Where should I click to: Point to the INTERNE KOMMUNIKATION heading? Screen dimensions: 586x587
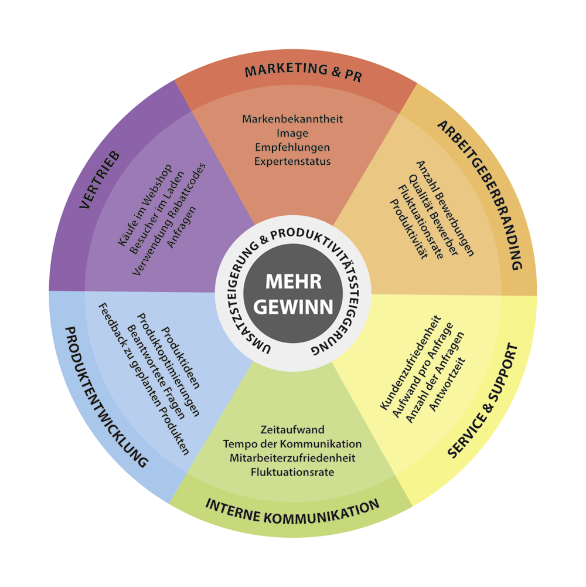point(292,511)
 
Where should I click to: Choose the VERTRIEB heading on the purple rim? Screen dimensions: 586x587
point(99,179)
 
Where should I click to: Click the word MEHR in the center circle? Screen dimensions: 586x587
point(294,281)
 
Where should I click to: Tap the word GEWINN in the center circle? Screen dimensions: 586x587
point(294,307)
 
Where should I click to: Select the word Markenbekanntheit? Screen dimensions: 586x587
point(292,119)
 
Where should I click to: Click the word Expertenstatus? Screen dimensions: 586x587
point(292,161)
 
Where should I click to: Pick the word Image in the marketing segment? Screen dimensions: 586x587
point(292,133)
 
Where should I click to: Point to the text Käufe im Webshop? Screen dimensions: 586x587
point(145,205)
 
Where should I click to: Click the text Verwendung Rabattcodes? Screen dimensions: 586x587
point(169,219)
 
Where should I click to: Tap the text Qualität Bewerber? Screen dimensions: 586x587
point(433,215)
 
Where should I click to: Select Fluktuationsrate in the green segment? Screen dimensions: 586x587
point(292,472)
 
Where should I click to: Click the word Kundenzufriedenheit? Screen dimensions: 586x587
point(411,362)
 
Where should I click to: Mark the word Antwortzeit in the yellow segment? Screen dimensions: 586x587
point(447,385)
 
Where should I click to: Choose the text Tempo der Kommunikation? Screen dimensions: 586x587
point(292,444)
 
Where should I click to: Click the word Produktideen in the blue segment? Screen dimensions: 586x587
point(180,358)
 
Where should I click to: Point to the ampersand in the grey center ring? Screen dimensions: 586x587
point(264,239)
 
